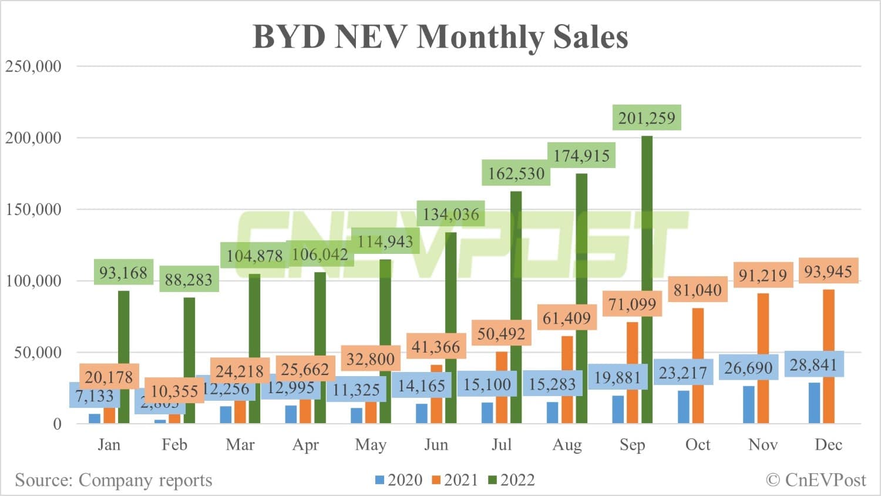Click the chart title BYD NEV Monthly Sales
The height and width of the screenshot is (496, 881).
[440, 36]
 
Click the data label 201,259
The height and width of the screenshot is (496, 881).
[647, 118]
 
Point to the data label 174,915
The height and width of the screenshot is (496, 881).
[581, 156]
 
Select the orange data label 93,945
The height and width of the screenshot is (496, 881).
[828, 272]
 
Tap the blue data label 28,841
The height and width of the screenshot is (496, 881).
[813, 365]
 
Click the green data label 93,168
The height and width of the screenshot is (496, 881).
[123, 273]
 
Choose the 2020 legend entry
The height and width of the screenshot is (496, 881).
[399, 480]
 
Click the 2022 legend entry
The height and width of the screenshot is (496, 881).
[512, 480]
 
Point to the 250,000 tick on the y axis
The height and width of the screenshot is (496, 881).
[33, 66]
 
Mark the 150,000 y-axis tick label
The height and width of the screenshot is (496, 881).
[33, 209]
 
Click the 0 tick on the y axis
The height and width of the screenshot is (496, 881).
[57, 424]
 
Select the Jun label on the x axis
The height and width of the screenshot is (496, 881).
[436, 445]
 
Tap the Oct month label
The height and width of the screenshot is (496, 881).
[698, 445]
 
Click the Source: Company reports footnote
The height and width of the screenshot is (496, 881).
[113, 480]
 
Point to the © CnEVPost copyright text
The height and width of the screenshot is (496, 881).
[816, 480]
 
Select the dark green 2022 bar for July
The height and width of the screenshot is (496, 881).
[516, 306]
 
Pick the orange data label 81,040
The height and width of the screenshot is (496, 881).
[697, 290]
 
